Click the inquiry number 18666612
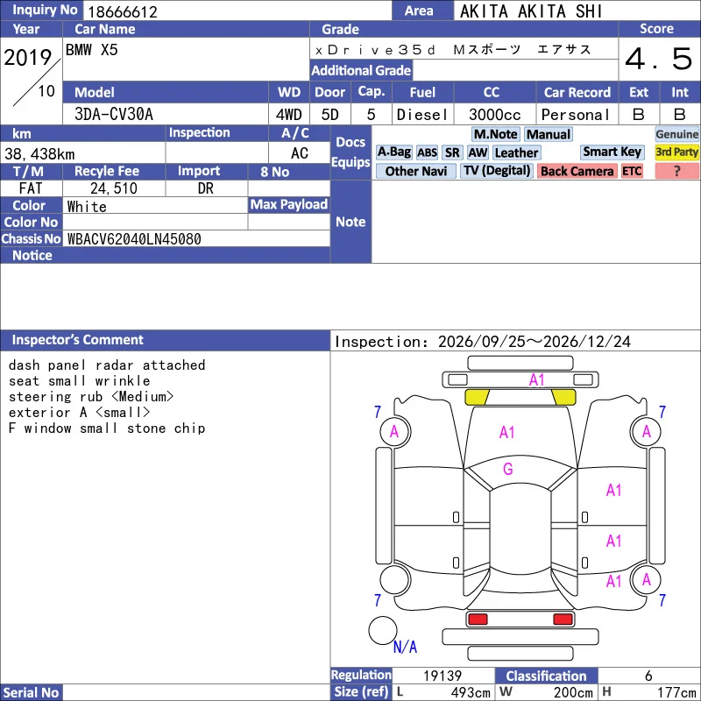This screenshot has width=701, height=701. pos(123,11)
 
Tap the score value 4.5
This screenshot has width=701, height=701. pos(658,59)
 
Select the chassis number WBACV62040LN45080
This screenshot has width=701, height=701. pos(134,239)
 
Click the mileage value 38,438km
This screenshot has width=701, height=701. pos(39,154)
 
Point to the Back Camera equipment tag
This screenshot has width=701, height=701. pos(577,171)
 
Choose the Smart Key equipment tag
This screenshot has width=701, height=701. pos(612,152)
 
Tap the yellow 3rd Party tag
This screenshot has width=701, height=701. pos(676,152)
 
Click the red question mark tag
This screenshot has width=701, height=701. pos(676,171)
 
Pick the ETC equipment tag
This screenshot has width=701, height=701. pos(632,171)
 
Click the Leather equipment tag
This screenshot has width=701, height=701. pos(516,152)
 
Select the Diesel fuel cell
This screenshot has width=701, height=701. pos(422,115)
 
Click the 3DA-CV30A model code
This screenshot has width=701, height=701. pos(114,115)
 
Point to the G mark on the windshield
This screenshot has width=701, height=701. pos(508,469)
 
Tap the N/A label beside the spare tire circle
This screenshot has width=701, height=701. pos(405,647)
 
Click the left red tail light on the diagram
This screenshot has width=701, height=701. pos(478,620)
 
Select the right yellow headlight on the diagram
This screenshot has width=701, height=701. pos(563,397)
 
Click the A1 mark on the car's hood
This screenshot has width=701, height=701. pos(507,432)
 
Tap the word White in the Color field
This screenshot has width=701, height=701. pos(87,207)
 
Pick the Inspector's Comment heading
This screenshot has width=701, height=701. pos(77,340)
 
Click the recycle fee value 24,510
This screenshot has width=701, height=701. pos(114,188)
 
